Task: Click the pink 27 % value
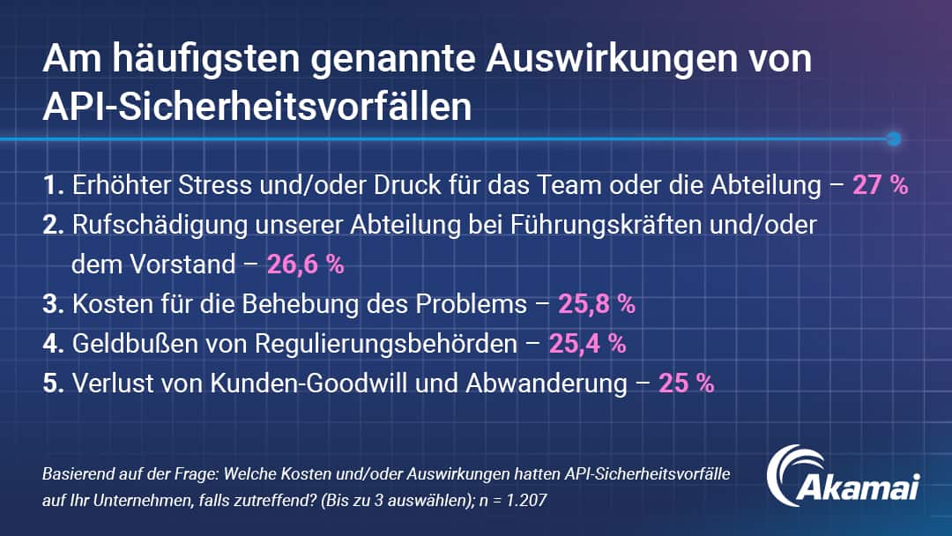(x=880, y=186)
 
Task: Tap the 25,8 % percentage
(x=597, y=304)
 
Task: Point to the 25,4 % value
(x=587, y=344)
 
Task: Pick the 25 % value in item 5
(x=686, y=383)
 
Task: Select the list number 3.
(x=51, y=304)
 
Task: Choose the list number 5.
(x=51, y=383)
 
